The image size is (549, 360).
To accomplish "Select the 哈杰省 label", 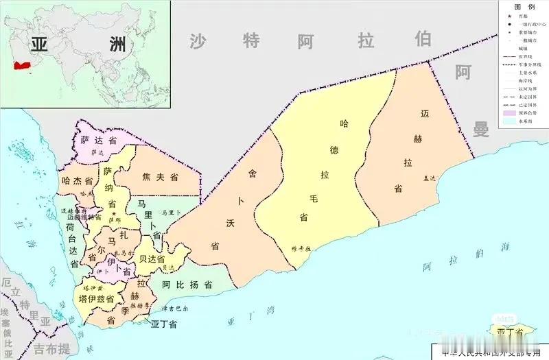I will [x=76, y=181].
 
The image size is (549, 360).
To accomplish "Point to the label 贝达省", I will [x=152, y=259].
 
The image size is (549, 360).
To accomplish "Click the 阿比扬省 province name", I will [x=187, y=284].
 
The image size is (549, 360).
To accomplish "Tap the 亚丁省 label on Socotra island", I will [x=510, y=333].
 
